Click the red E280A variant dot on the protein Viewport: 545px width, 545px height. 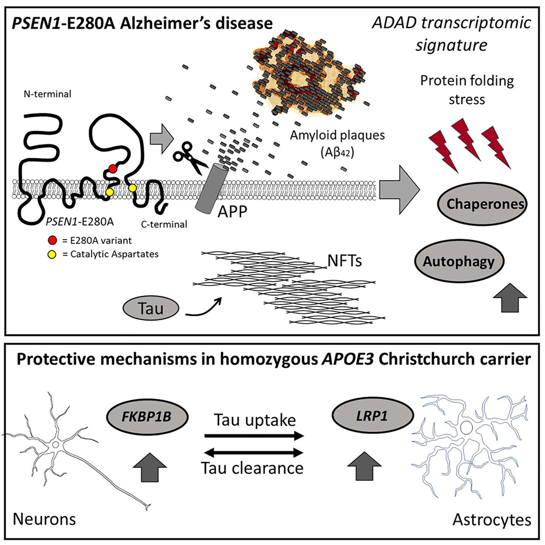pos(112,169)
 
